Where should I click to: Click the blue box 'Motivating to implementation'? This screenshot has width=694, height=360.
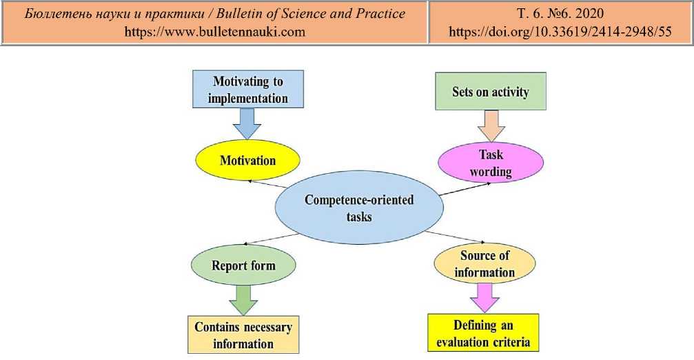(247, 90)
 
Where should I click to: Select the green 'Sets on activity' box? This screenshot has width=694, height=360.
(490, 92)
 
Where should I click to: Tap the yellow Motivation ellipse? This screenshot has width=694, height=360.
(247, 161)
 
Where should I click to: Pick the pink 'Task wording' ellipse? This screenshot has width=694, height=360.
(491, 163)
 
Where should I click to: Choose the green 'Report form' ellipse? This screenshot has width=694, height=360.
(243, 266)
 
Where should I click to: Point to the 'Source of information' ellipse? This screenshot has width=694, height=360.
(484, 263)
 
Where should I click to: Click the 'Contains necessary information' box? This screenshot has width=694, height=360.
(243, 335)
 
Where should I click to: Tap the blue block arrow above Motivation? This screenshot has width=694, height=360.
(247, 124)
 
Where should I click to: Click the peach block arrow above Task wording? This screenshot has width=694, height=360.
(491, 127)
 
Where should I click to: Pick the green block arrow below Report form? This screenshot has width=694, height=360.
(243, 299)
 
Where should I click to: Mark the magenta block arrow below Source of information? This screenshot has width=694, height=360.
(484, 297)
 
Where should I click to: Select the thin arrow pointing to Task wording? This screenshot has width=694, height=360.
(465, 189)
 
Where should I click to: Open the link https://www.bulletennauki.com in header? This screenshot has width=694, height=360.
(214, 32)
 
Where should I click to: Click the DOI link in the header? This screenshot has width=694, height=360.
(560, 32)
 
